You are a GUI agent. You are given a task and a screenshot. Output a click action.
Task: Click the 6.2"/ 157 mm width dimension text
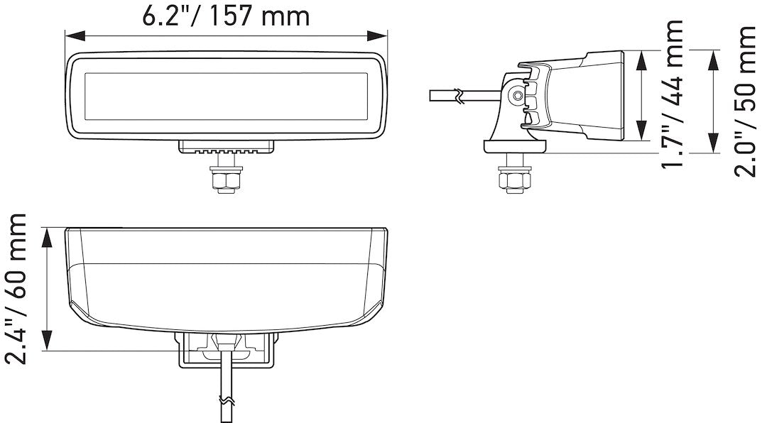point(226,16)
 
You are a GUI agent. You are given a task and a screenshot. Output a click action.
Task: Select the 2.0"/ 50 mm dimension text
point(746,101)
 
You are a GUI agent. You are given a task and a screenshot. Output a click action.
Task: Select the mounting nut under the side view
point(515,179)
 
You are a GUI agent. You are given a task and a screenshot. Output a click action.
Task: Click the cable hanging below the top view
point(227,390)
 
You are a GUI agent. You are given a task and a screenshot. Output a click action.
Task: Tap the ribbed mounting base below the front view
point(226,147)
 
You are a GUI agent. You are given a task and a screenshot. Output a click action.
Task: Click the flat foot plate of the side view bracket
point(516,147)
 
